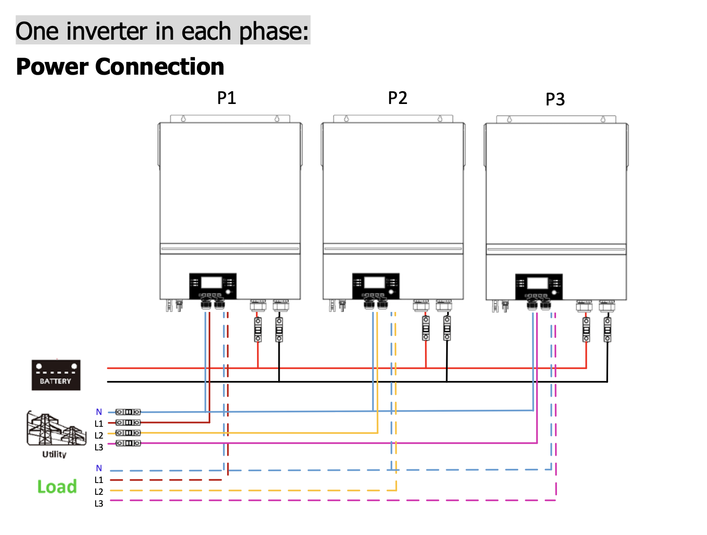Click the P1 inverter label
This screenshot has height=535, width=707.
point(226,97)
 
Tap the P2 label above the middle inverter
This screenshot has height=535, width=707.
point(398,97)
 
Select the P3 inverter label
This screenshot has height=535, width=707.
point(555,99)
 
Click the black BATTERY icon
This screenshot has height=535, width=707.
point(56,375)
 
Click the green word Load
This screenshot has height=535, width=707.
point(57,486)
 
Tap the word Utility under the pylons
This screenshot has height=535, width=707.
point(54,454)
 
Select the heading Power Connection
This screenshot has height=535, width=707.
point(120,67)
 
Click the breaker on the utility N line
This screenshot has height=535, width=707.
point(128,412)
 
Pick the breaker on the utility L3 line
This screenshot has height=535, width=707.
point(128,443)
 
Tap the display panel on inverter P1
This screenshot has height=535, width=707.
point(212,286)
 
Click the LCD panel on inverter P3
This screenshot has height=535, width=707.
point(539,287)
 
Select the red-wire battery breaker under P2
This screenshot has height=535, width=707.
point(425,328)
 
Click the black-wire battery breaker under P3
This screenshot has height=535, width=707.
point(607,330)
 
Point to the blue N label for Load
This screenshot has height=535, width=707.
point(99,468)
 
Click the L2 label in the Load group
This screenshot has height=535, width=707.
point(98,492)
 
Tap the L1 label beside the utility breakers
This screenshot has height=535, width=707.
point(98,423)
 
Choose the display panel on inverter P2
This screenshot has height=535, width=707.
point(376,286)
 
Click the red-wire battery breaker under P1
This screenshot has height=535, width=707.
point(258,330)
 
